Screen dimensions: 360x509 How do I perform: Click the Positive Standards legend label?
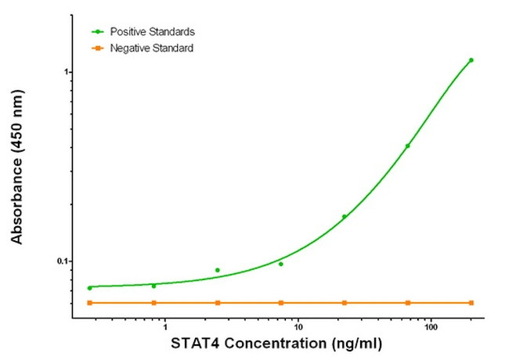(x=152, y=32)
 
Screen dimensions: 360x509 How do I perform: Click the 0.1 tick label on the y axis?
(x=63, y=261)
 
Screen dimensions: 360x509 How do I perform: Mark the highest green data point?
(x=471, y=60)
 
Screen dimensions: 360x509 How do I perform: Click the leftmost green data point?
(x=89, y=288)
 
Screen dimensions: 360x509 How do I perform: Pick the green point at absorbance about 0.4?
(x=407, y=146)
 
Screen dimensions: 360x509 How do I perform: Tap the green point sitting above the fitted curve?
(x=217, y=270)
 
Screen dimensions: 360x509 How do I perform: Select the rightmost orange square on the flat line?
(x=471, y=302)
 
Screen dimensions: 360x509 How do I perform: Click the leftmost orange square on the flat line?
(x=89, y=302)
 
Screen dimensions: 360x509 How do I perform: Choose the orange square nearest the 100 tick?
(x=407, y=302)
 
